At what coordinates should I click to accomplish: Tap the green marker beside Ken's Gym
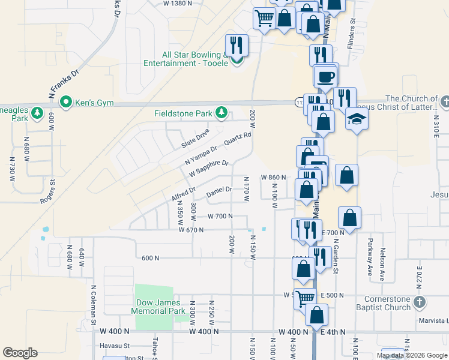coord(68,103)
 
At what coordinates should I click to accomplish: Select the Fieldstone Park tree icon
coord(222,112)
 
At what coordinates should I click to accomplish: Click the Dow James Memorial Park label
coord(158,307)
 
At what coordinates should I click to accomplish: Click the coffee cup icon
coord(326,77)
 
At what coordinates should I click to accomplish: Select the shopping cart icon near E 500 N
coord(306,298)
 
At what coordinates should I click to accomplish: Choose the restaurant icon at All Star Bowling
coord(237,45)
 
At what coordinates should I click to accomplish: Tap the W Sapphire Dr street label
coord(209,168)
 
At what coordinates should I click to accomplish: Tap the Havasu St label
coord(115,346)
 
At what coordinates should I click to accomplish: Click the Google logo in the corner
coord(20,352)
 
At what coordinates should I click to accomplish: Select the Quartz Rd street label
coord(238,139)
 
